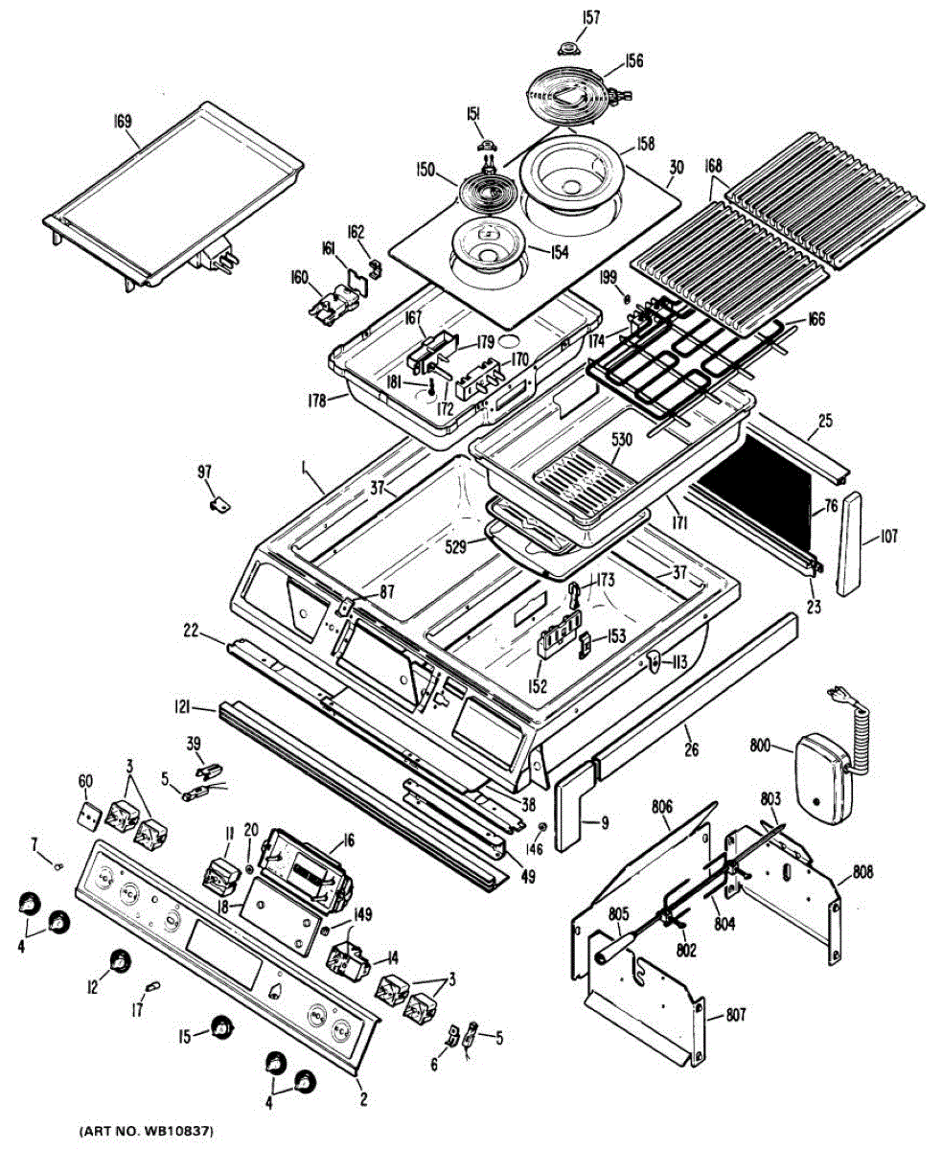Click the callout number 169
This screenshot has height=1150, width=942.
[x=122, y=122]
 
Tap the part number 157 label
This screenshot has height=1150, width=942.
[x=566, y=16]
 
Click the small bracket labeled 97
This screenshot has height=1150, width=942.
[x=218, y=499]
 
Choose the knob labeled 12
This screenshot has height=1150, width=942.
[x=119, y=961]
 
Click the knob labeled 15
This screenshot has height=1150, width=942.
[x=222, y=1026]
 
